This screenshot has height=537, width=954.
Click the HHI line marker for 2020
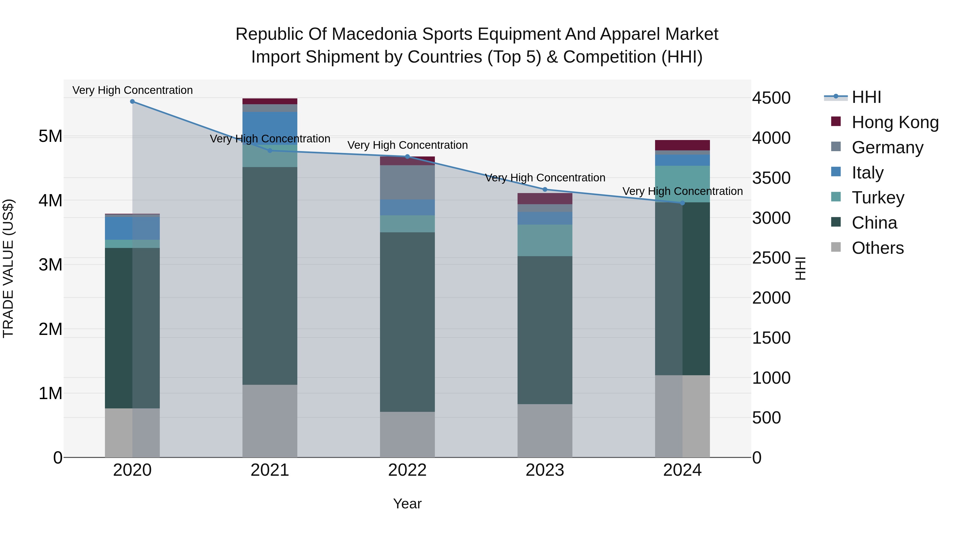tap(132, 102)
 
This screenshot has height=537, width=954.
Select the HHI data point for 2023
tap(545, 189)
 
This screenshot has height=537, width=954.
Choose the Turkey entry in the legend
tap(878, 198)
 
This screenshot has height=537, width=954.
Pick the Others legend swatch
tap(836, 247)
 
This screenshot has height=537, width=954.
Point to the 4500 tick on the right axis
tap(771, 98)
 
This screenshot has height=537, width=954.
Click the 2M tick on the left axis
tap(50, 329)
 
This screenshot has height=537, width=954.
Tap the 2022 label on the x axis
tap(407, 470)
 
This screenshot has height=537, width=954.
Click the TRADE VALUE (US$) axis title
tap(8, 268)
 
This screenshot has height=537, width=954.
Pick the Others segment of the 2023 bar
tap(545, 431)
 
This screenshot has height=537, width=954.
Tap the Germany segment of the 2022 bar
tap(407, 182)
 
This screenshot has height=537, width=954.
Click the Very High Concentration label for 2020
tap(132, 90)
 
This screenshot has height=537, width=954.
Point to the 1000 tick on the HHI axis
tap(771, 378)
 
